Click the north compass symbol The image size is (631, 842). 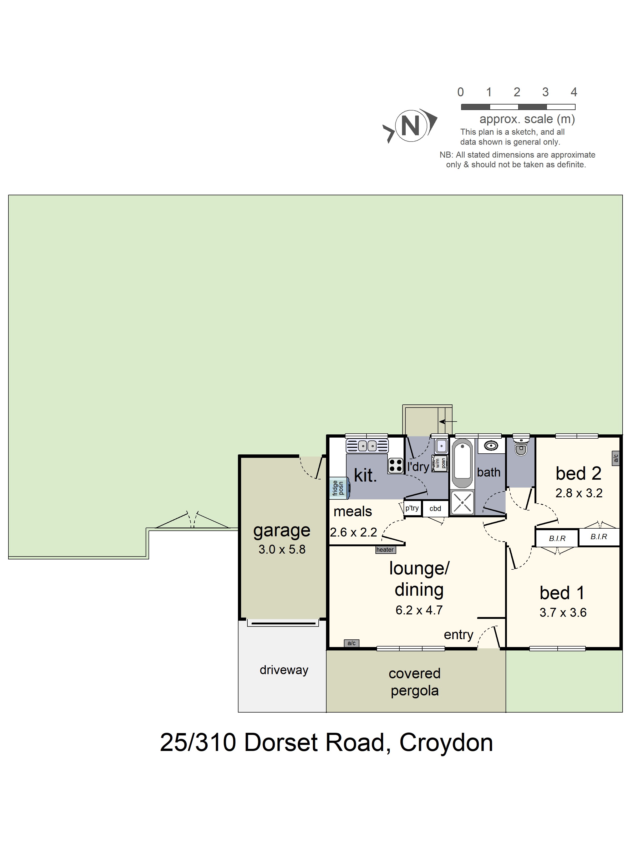(x=410, y=126)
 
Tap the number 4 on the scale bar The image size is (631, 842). (x=574, y=92)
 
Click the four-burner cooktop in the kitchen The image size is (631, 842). (x=396, y=465)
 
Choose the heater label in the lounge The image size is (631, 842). (x=385, y=550)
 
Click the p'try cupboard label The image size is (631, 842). (x=412, y=508)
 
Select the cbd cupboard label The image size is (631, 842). (x=435, y=509)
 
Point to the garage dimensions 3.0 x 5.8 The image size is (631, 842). (x=282, y=549)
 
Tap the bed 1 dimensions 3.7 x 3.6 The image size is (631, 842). (x=563, y=613)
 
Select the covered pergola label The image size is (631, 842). (x=415, y=682)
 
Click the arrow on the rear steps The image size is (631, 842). (x=448, y=421)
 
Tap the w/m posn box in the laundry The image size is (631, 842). (x=440, y=463)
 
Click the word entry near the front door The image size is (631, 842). (x=458, y=635)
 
